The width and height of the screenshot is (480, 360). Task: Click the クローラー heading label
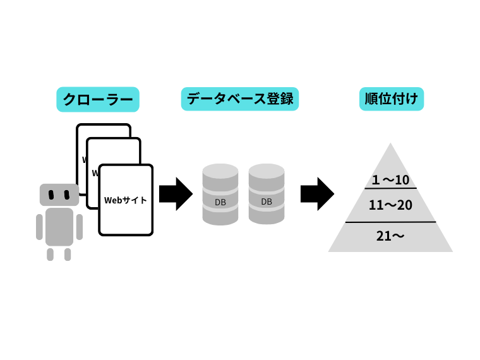97,99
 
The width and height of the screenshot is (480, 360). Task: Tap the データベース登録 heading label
239,99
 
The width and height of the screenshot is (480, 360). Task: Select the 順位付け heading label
391,99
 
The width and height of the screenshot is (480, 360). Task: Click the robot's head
59,195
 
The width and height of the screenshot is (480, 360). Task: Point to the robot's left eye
52,193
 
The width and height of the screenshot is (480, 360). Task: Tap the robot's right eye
67,193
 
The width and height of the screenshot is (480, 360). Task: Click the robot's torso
59,226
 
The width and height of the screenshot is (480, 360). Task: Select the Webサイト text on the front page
126,200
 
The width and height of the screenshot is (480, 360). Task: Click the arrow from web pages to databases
176,194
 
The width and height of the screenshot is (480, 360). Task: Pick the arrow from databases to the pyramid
317,194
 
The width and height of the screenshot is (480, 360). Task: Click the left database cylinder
220,194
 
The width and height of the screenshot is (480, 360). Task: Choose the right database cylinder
267,194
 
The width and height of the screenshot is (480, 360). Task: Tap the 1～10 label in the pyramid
391,180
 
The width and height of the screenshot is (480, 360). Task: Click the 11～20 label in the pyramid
390,205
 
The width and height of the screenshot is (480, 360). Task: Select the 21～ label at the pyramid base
390,236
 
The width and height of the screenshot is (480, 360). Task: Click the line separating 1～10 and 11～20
391,188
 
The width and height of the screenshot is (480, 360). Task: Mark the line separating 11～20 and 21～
390,222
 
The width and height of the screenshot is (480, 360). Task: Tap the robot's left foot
51,254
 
